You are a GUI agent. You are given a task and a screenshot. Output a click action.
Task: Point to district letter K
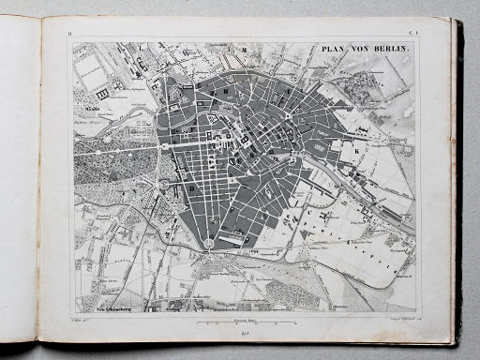tap(356, 148)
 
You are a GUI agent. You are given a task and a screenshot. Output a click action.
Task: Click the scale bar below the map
tap(246, 322)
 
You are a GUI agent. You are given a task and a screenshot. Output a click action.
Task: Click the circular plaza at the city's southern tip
tap(207, 244)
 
